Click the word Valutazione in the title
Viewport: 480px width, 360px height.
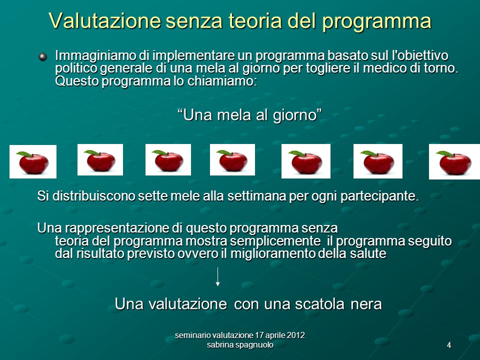click(x=104, y=20)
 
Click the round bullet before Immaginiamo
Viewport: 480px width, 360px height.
click(x=43, y=56)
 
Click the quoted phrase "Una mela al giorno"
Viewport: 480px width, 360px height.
click(x=250, y=115)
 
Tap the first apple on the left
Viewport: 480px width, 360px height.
click(x=33, y=161)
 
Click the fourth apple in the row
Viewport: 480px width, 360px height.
click(x=232, y=160)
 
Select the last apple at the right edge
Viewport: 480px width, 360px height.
click(x=454, y=161)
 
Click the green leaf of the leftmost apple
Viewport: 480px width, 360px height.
click(x=24, y=154)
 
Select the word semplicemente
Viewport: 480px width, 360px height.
click(x=275, y=241)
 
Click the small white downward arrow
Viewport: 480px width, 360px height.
click(x=217, y=276)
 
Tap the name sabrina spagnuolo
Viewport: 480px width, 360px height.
click(x=240, y=345)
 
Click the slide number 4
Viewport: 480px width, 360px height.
click(x=449, y=345)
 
